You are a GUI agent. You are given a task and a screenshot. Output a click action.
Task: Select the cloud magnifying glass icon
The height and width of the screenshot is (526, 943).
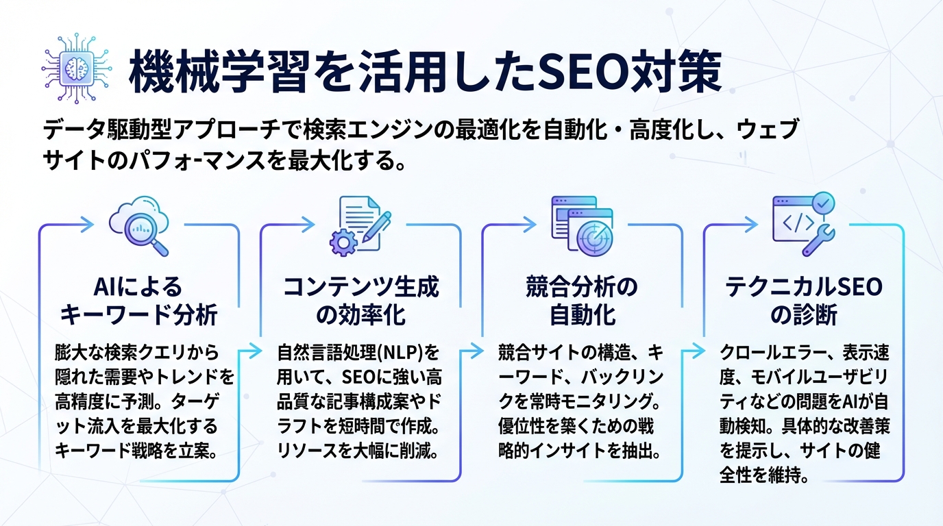click(139, 226)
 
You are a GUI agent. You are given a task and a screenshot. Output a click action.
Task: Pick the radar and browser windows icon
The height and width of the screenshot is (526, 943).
click(582, 225)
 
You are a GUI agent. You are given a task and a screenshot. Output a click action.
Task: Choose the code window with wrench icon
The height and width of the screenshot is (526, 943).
click(803, 225)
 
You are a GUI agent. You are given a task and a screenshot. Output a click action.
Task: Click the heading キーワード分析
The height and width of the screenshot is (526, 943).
click(139, 315)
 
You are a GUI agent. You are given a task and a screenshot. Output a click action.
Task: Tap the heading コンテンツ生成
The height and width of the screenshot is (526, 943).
click(361, 287)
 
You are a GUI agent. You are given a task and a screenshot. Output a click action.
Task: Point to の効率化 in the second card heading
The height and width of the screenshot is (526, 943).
click(361, 316)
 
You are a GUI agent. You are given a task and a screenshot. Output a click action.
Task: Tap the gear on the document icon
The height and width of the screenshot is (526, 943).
click(341, 240)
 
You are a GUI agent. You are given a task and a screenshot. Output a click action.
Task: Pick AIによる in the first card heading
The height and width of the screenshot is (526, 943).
click(139, 287)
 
